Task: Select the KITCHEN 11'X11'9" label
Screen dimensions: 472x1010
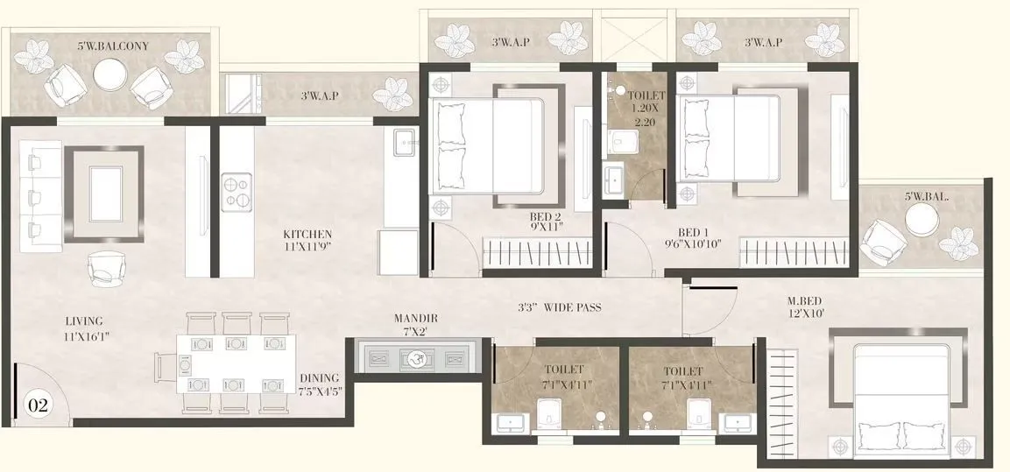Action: (307, 241)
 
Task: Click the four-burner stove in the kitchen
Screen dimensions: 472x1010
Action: (236, 194)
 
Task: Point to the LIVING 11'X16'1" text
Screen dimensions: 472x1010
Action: (84, 328)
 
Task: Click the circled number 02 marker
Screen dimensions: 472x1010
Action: (39, 405)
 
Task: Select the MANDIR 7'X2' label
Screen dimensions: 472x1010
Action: (416, 324)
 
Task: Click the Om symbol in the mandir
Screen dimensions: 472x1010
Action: (416, 358)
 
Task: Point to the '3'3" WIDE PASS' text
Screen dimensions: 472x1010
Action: (559, 307)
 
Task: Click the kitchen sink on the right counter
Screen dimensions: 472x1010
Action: (404, 143)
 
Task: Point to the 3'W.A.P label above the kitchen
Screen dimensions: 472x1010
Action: (320, 95)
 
